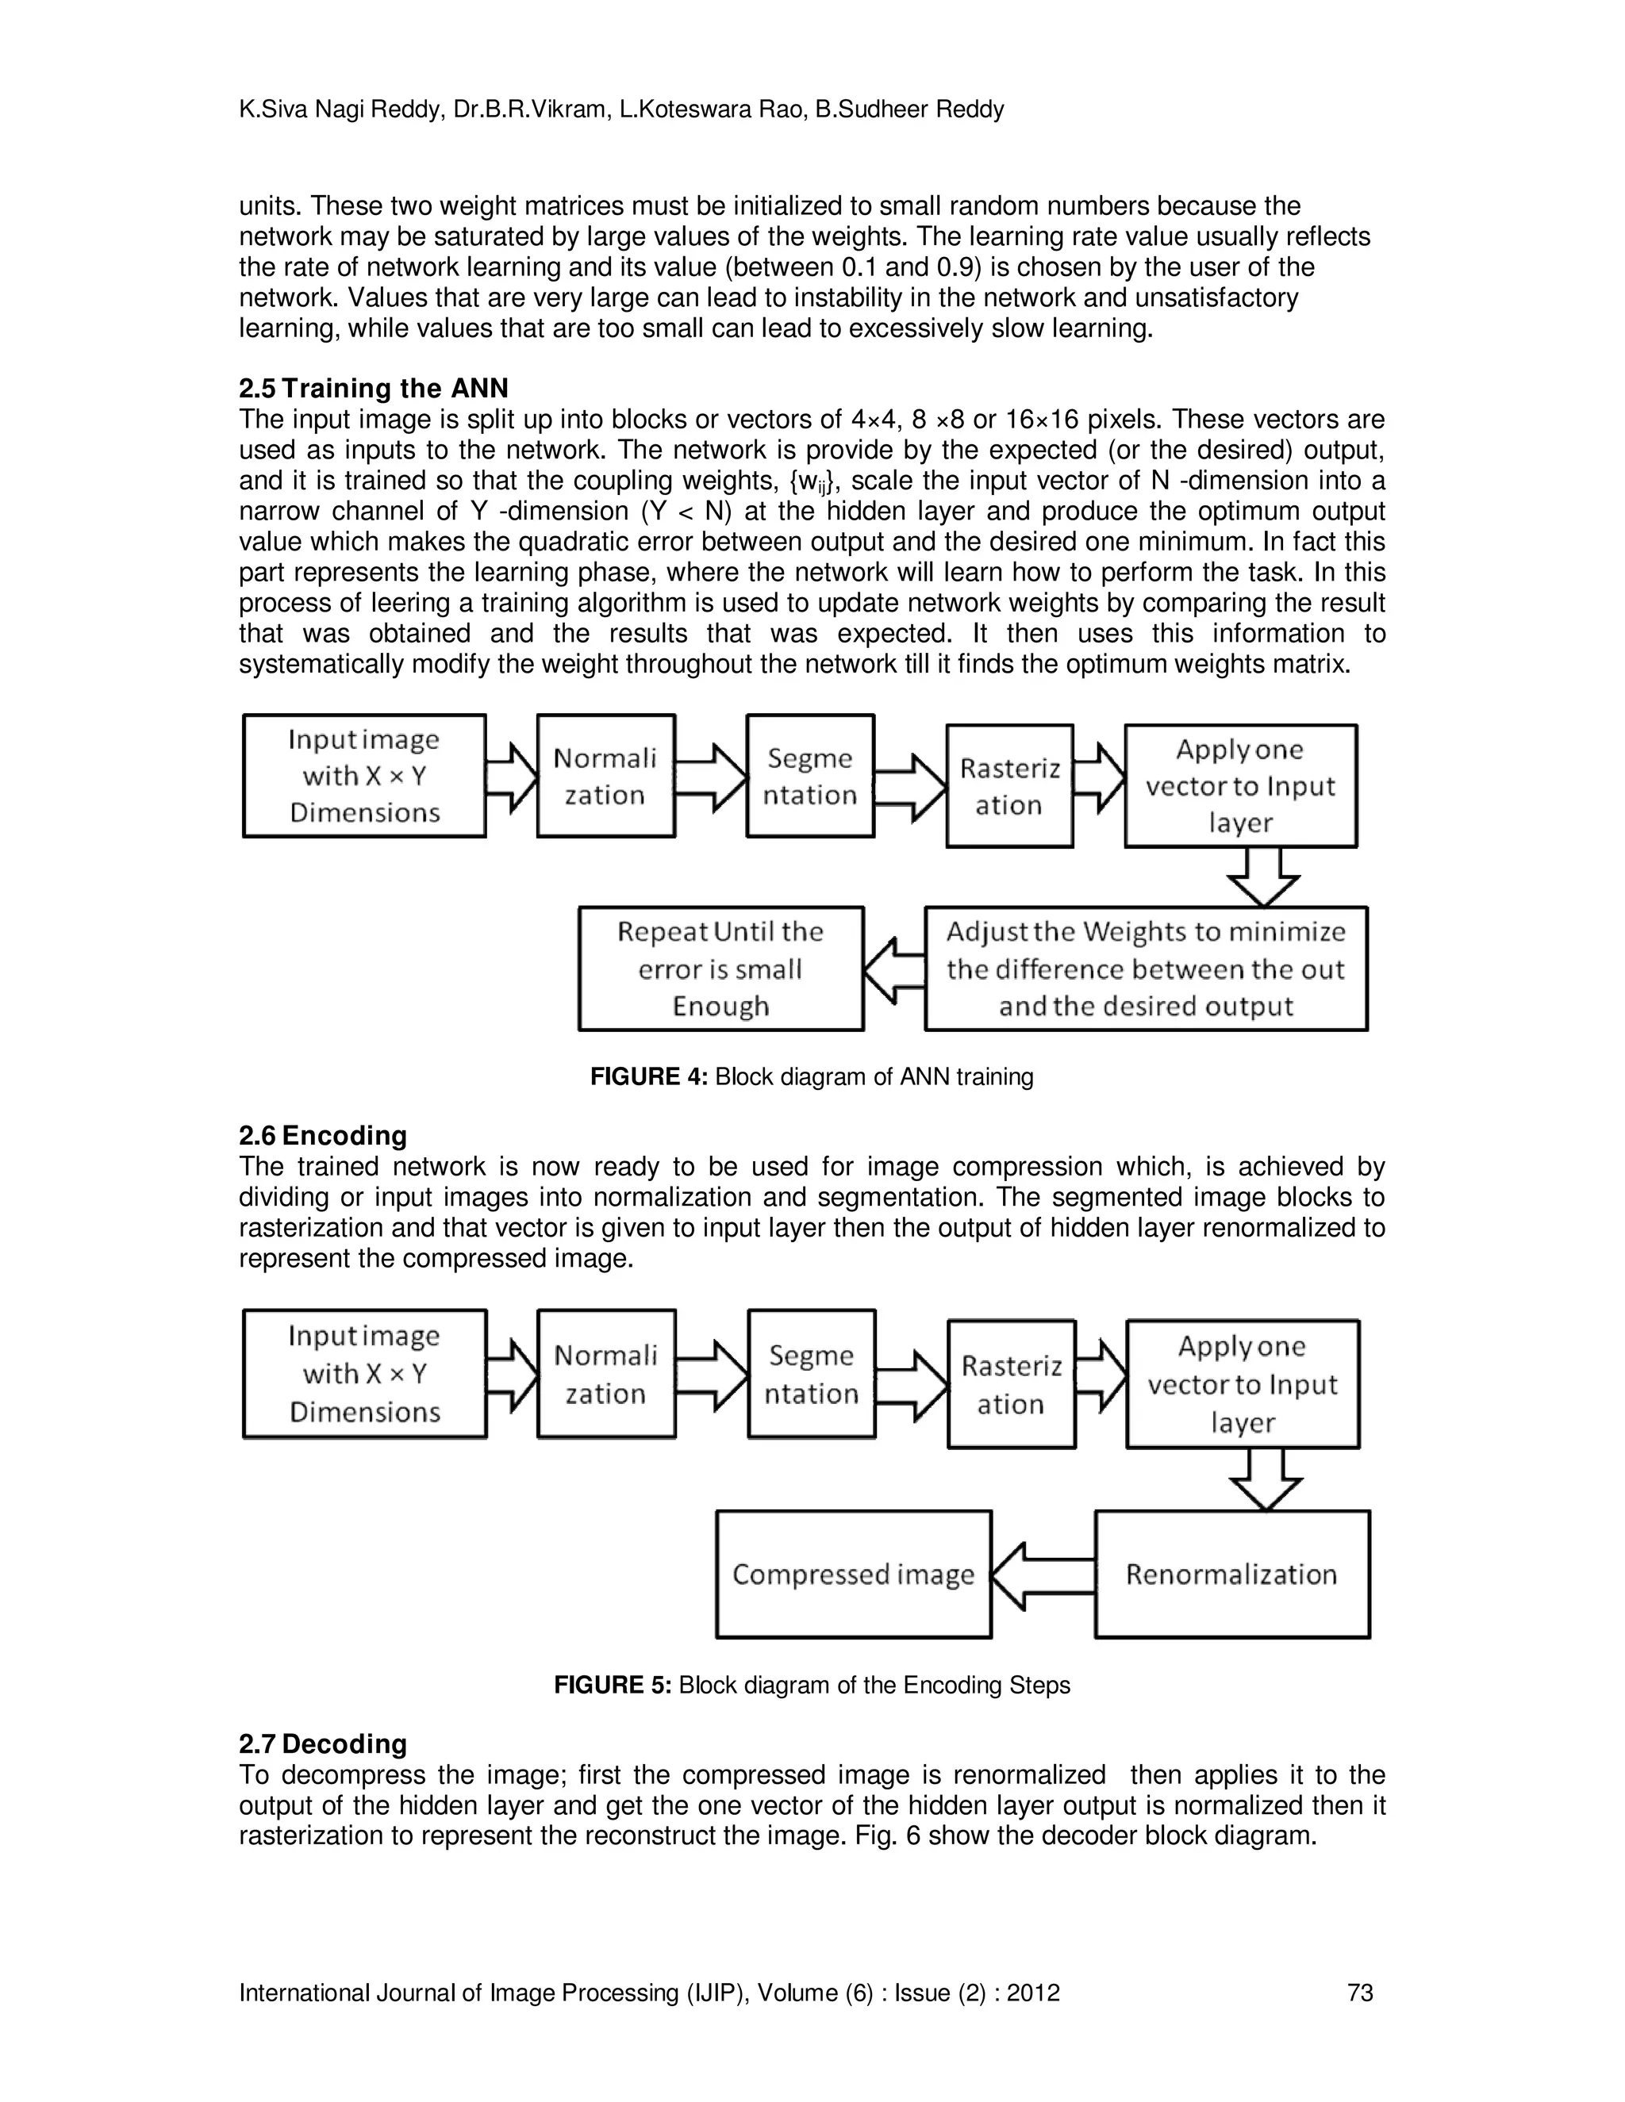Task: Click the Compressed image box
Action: pos(853,1574)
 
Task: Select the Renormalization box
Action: pos(1231,1574)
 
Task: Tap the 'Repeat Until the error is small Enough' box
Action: pos(720,969)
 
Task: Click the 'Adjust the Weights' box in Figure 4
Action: pos(1146,969)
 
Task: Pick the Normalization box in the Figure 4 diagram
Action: pos(605,776)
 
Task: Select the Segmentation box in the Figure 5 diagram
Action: pos(811,1373)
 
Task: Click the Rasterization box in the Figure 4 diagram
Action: pos(1009,785)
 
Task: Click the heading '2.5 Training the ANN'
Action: pos(374,388)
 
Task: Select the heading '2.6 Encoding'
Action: pos(322,1135)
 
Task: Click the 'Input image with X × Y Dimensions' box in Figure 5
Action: pos(364,1373)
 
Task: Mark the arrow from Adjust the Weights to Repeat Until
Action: pos(893,969)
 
